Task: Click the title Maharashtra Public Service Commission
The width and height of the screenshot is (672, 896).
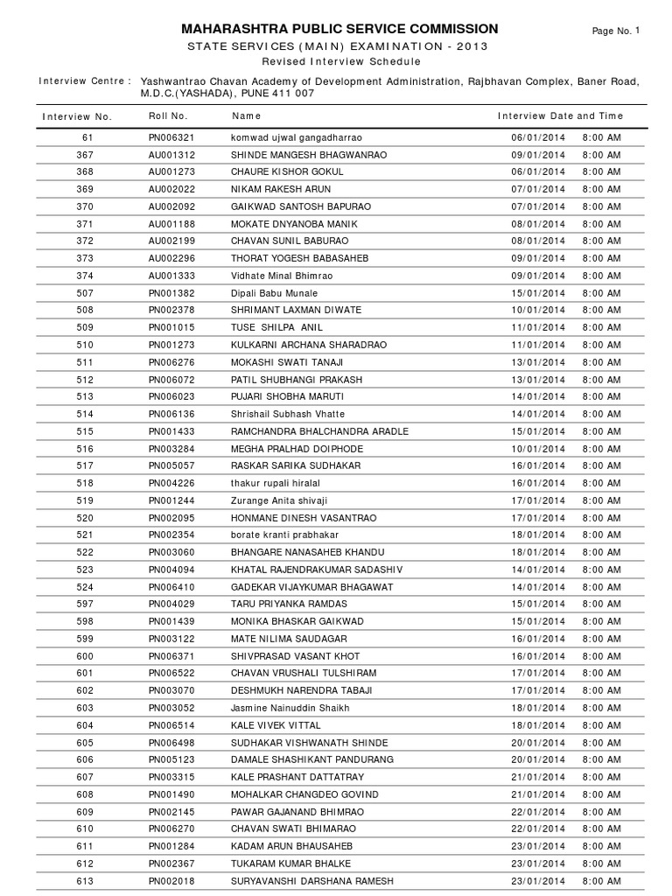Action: click(x=339, y=29)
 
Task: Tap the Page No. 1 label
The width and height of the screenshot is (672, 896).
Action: click(x=617, y=31)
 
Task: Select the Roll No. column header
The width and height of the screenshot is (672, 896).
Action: click(x=168, y=115)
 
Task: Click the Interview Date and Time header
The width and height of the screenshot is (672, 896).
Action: click(x=560, y=115)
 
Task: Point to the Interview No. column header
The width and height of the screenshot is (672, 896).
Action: click(x=77, y=116)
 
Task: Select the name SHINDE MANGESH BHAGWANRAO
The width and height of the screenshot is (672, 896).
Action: click(x=297, y=155)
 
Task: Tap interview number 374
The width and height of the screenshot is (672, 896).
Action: click(x=85, y=276)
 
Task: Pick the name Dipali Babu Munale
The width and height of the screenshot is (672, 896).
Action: click(x=274, y=293)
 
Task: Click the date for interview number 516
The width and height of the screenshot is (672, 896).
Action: click(x=538, y=449)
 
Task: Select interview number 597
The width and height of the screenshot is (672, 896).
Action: click(x=85, y=604)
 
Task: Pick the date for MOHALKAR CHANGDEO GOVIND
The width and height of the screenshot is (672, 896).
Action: click(x=538, y=794)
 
